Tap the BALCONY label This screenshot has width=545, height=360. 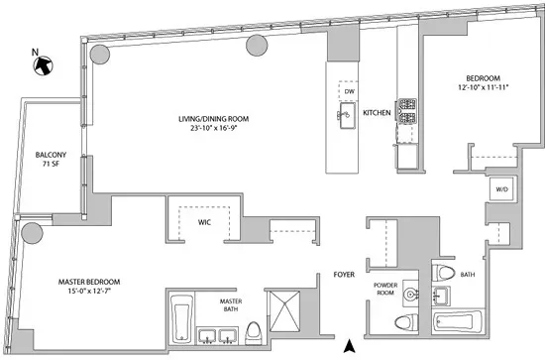coord(51,155)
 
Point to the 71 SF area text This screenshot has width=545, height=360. coord(51,166)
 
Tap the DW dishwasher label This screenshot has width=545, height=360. coord(349,92)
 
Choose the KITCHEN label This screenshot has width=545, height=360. coord(378,113)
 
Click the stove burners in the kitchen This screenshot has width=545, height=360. coord(406,114)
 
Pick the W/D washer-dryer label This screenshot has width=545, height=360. coord(500,188)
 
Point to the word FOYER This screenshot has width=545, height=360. coord(343,270)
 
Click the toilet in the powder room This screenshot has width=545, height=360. coord(403,321)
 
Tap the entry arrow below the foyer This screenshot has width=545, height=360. coord(348,346)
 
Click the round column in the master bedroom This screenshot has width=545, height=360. coord(31,234)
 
